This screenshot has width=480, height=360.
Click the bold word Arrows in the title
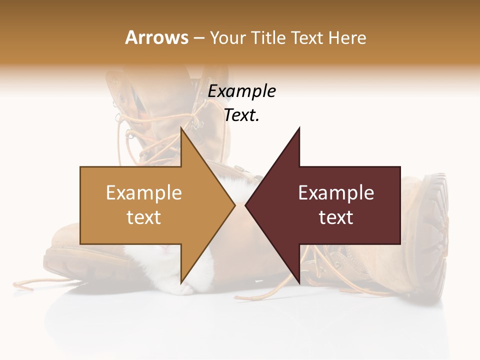click(156, 37)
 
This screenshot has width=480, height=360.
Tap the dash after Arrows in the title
click(198, 38)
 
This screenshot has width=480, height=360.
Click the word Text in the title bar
click(308, 38)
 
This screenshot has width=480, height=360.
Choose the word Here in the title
click(347, 38)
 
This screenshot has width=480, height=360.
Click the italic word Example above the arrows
click(241, 91)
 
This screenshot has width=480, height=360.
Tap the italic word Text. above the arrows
click(241, 115)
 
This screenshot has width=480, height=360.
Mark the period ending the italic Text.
click(257, 120)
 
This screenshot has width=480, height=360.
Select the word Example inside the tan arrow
click(144, 193)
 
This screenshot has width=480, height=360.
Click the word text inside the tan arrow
click(144, 217)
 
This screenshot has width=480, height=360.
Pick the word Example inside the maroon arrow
click(336, 193)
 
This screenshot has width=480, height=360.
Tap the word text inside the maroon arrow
click(336, 217)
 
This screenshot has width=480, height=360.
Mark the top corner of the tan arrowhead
click(181, 128)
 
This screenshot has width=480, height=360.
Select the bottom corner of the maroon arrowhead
click(299, 282)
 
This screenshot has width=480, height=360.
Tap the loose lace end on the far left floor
click(22, 285)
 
